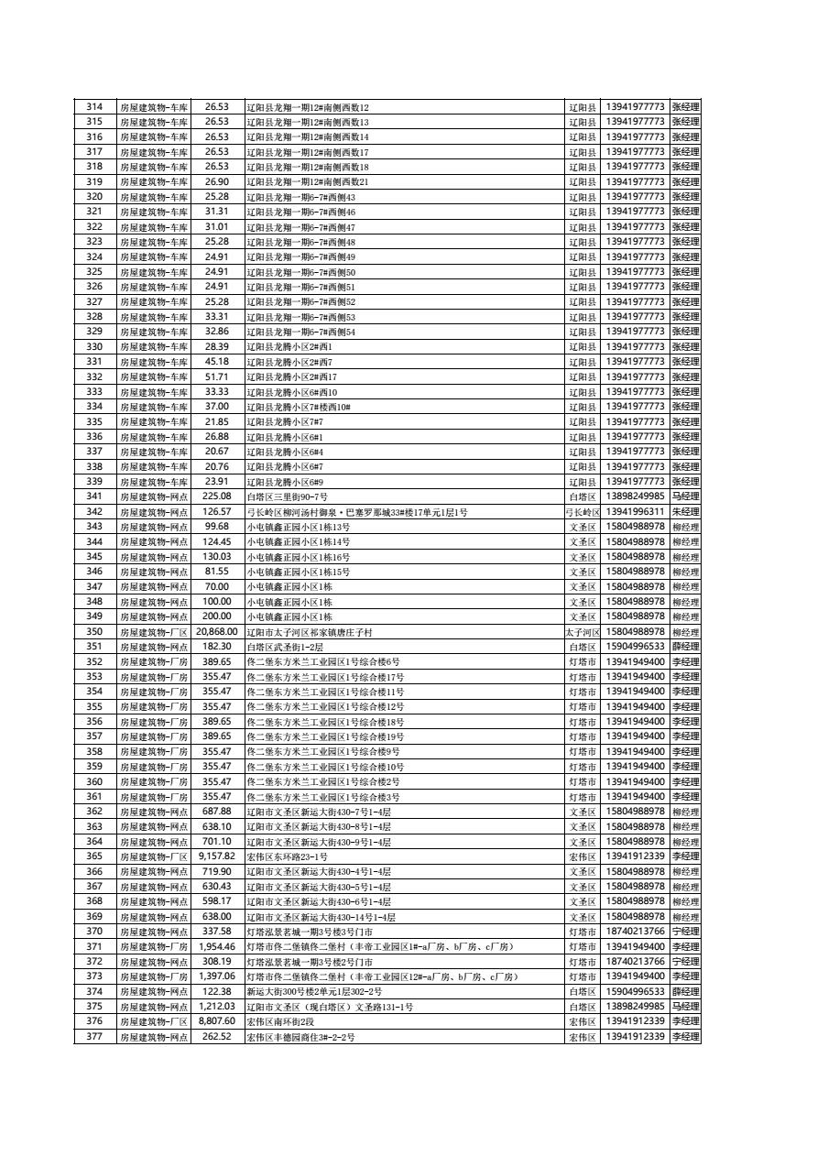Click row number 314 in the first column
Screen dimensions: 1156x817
point(94,107)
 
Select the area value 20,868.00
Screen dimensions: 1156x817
point(216,632)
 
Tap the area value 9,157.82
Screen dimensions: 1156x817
point(216,856)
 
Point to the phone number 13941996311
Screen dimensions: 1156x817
point(635,511)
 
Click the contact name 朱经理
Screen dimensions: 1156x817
point(685,511)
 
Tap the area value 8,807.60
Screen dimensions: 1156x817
point(216,1021)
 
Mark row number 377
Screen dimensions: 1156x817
point(94,1037)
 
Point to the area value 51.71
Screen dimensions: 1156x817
point(216,376)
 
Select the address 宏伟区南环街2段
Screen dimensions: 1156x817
point(280,1021)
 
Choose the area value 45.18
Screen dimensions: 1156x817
point(216,362)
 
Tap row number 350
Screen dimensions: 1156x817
point(94,632)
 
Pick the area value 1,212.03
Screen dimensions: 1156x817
point(216,1007)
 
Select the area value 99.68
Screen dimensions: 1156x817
point(216,527)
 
